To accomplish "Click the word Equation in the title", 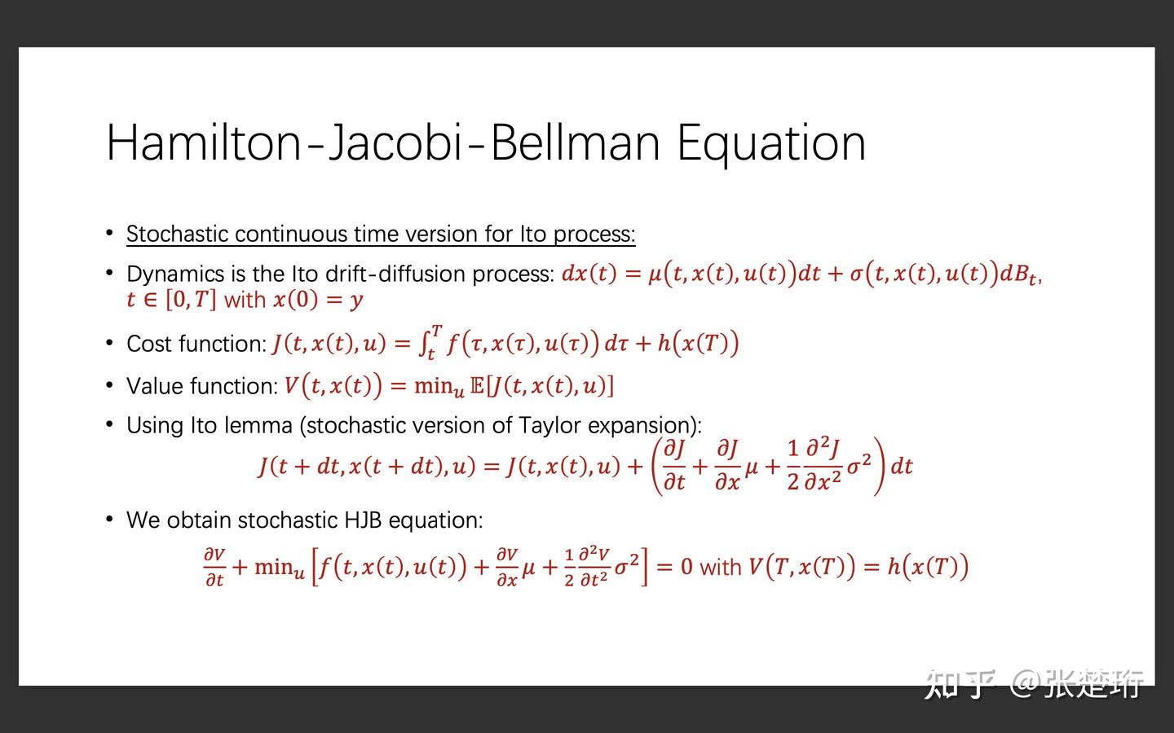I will click(770, 143).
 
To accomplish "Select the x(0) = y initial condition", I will click(317, 300).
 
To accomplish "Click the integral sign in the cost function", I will click(425, 343).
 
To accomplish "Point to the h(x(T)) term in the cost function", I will click(698, 343).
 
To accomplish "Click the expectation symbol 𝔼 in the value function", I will click(478, 385).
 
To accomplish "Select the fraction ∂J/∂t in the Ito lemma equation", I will click(674, 465).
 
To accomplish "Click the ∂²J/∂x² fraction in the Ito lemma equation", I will click(823, 465).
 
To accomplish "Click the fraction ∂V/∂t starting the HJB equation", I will click(214, 567).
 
